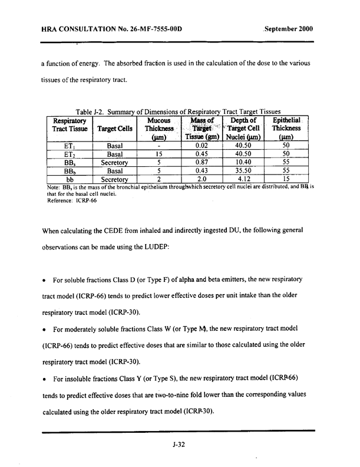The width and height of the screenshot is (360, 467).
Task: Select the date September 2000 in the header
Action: [289, 29]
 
